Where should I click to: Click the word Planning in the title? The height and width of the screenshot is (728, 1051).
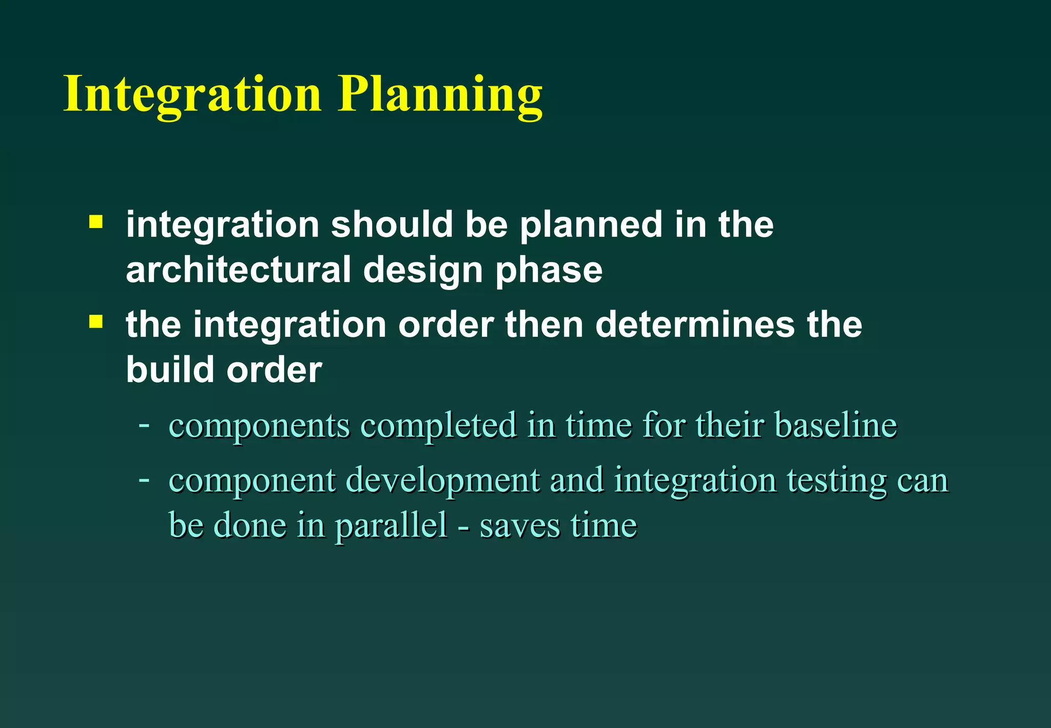pyautogui.click(x=440, y=95)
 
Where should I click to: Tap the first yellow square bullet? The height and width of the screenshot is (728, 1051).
pyautogui.click(x=95, y=222)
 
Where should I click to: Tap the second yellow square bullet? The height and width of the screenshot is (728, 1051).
pyautogui.click(x=95, y=322)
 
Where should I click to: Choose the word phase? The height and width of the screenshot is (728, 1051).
pyautogui.click(x=549, y=271)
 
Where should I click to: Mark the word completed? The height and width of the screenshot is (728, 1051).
pyautogui.click(x=438, y=426)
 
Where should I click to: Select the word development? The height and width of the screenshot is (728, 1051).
pyautogui.click(x=443, y=482)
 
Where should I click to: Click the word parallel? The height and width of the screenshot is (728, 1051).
pyautogui.click(x=392, y=526)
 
